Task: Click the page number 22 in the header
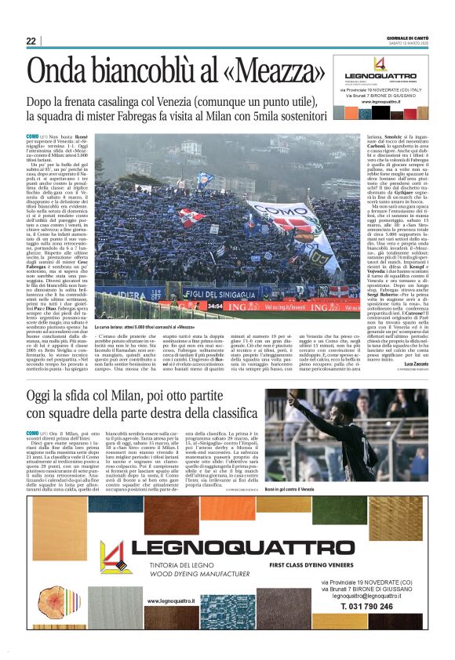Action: [x=31, y=42]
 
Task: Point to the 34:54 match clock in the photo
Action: [x=193, y=306]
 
